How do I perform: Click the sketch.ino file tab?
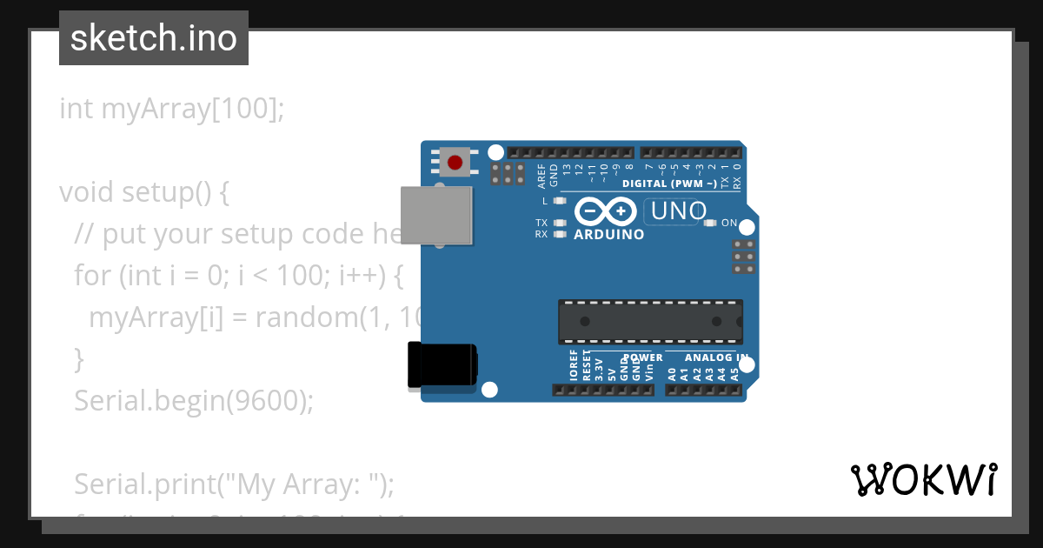tap(154, 38)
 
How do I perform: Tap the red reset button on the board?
tap(455, 162)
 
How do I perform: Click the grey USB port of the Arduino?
tap(438, 216)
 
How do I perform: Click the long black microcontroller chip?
tap(650, 322)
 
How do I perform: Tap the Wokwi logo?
tap(923, 479)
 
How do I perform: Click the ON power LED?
tap(710, 224)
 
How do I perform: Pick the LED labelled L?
tap(560, 201)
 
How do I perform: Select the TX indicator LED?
tap(560, 223)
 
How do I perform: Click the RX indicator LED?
tap(560, 234)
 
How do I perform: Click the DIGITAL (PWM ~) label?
tap(669, 184)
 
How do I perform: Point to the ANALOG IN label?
tap(715, 358)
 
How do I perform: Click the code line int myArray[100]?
tap(171, 110)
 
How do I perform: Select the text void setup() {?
tap(144, 192)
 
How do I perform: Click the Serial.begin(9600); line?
tap(193, 400)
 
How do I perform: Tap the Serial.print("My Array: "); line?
tap(234, 483)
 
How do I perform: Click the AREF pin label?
tap(542, 177)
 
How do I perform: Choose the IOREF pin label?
tap(574, 368)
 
